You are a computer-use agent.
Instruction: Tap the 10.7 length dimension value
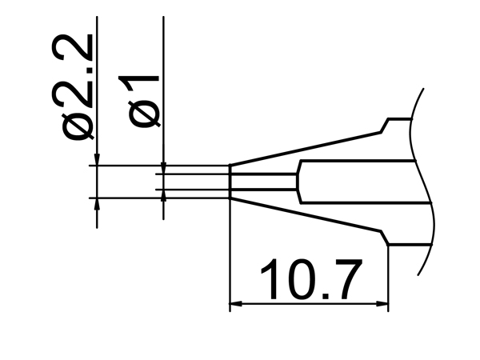click(x=310, y=279)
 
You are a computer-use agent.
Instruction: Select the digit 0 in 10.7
click(x=297, y=279)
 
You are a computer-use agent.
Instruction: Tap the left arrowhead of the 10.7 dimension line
click(x=236, y=304)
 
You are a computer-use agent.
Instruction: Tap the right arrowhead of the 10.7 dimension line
click(x=382, y=304)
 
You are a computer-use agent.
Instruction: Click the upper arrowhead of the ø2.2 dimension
click(x=97, y=160)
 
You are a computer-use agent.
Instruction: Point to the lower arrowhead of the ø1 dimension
click(x=163, y=196)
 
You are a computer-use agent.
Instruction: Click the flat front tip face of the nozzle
click(x=230, y=182)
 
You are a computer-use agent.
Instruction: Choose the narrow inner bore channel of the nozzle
click(x=264, y=182)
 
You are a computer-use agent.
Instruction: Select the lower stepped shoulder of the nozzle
click(x=386, y=238)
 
